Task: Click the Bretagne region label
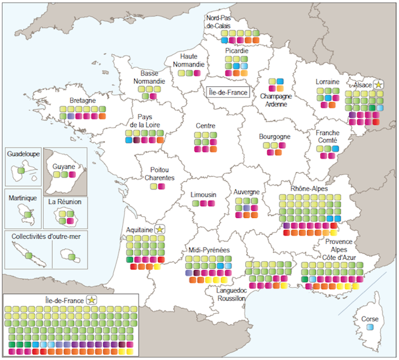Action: click(83, 100)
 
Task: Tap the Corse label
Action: click(369, 319)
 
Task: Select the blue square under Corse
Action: click(369, 328)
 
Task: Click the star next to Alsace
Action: click(378, 84)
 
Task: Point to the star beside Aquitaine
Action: click(160, 229)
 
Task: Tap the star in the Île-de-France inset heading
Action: click(92, 300)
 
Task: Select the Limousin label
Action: click(203, 194)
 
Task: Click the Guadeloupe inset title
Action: click(23, 154)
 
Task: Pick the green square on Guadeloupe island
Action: click(22, 171)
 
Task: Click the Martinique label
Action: click(23, 198)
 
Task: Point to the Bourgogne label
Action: click(274, 136)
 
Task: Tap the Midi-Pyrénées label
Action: click(208, 251)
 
